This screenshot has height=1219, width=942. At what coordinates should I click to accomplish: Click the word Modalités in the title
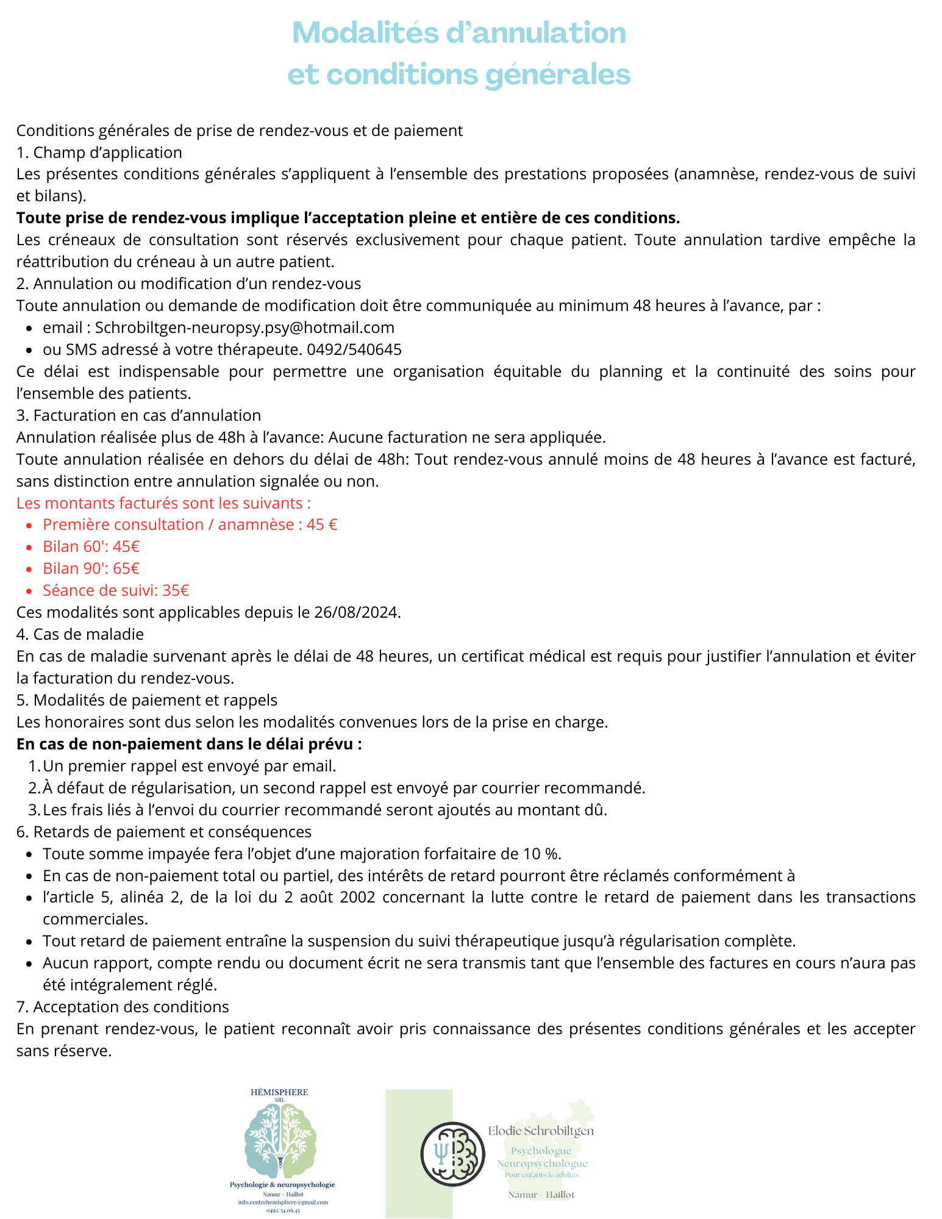[366, 33]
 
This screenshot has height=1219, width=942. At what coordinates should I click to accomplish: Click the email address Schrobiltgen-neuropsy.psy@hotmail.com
[244, 327]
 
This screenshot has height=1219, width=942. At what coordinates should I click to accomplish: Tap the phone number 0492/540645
[354, 349]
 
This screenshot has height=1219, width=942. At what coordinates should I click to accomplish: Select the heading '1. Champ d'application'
[99, 152]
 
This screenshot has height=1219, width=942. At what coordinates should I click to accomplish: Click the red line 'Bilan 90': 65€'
[91, 568]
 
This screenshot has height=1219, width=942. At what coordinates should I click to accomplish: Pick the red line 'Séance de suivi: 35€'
[115, 590]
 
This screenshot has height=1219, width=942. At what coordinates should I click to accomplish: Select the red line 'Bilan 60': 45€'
[91, 546]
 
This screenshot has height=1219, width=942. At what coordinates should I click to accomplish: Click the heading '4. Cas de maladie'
[80, 634]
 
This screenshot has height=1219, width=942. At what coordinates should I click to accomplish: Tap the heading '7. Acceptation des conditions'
[123, 1006]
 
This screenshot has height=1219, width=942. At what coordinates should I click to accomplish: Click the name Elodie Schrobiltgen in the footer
[540, 1131]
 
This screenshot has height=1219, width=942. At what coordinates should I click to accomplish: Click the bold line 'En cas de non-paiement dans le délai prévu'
[189, 744]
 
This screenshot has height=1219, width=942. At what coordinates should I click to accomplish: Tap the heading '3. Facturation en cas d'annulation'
[138, 415]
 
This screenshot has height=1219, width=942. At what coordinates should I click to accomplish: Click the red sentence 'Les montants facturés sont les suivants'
[163, 503]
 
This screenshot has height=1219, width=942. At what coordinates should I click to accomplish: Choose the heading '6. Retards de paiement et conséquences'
[163, 832]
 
